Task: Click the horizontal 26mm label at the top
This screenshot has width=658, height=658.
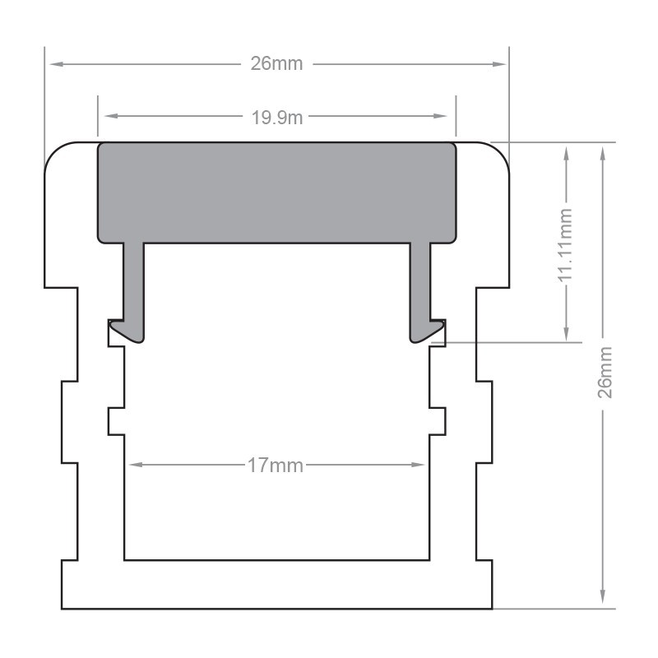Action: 277,63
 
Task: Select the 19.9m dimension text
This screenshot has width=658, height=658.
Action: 277,117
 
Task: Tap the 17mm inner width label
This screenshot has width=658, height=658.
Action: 276,466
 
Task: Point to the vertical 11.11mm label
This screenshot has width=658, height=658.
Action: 566,245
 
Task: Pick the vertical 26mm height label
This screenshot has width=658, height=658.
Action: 605,373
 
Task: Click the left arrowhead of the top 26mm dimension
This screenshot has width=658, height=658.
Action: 51,63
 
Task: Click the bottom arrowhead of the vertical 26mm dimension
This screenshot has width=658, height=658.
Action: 605,601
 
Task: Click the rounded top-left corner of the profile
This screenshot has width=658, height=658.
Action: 54,153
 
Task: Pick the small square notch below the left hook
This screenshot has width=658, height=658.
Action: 116,420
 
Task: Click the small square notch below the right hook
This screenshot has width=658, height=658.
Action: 438,420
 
